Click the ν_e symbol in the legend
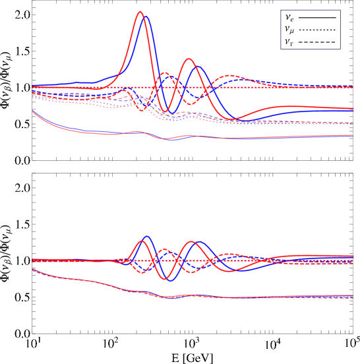pos(289,18)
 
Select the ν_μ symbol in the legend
pos(289,30)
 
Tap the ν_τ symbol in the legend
pos(289,42)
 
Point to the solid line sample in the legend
pos(317,18)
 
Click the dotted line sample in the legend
pos(317,30)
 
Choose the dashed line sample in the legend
pos(317,42)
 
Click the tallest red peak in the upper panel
pos(140,11)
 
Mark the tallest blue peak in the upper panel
pos(145,16)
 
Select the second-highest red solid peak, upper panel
pos(189,59)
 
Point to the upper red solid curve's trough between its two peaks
pos(166,110)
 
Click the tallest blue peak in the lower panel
pos(146,236)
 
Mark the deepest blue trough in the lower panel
pos(171,281)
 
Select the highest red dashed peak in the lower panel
pos(165,249)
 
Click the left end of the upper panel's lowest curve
pos(33,111)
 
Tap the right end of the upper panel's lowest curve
pos(352,135)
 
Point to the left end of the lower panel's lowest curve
pos(33,269)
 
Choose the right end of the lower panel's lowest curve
pos(352,297)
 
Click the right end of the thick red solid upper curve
pos(353,109)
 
